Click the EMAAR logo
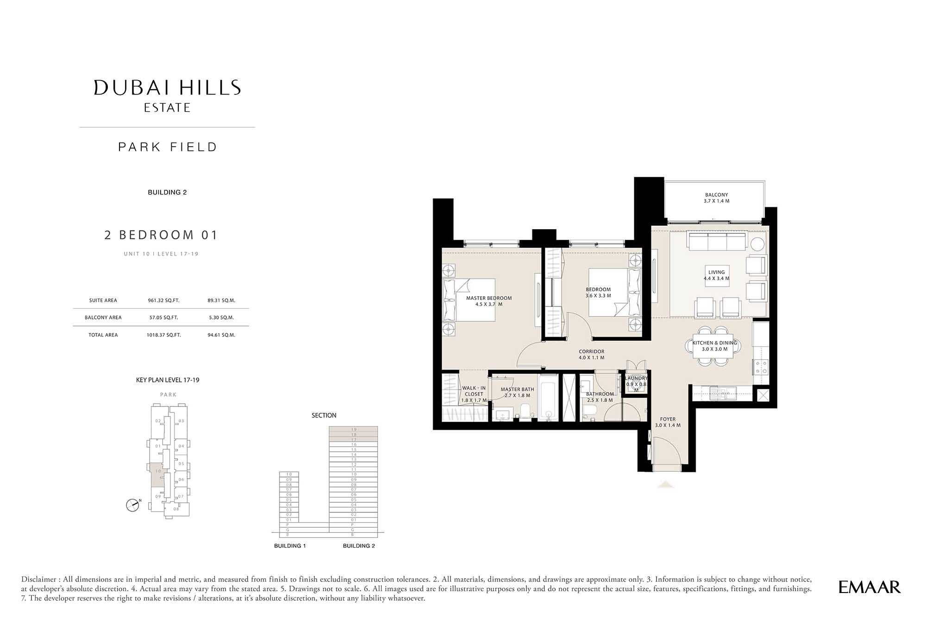[x=869, y=587]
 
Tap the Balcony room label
[x=716, y=198]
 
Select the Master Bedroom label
[x=488, y=301]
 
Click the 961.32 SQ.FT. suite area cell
[x=163, y=300]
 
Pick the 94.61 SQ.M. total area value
[x=221, y=335]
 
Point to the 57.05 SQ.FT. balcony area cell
[x=163, y=318]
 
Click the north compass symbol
[x=133, y=505]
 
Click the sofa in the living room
[x=717, y=242]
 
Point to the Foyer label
[x=668, y=422]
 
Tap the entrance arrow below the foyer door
[x=666, y=485]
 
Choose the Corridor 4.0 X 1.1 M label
[x=591, y=355]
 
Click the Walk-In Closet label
[x=474, y=394]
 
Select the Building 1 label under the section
[x=290, y=546]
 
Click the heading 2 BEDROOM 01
[x=161, y=235]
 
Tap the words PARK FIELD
[x=167, y=147]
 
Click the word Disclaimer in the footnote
[x=40, y=579]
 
